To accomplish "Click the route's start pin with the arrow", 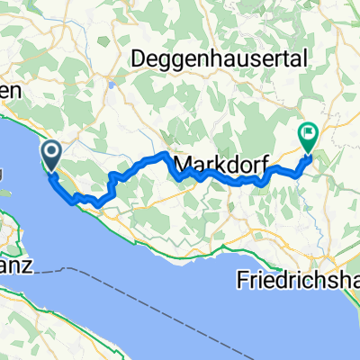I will pos(50,156).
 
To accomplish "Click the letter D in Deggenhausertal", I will pos(139,58).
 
